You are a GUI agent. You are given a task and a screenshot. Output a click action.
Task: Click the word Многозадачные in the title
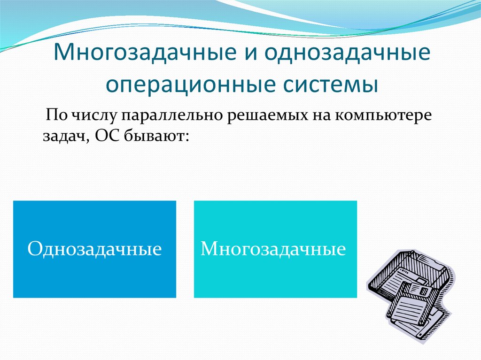145,52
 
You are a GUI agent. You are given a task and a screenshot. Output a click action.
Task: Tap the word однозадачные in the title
348,52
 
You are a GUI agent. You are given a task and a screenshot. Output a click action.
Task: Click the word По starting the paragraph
56,115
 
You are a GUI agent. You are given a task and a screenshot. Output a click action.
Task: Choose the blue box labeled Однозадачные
94,249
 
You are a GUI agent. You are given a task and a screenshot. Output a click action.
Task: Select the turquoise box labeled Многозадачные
275,249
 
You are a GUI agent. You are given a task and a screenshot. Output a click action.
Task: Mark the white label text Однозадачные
94,248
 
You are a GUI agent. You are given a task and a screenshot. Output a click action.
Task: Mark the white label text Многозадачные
273,248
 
